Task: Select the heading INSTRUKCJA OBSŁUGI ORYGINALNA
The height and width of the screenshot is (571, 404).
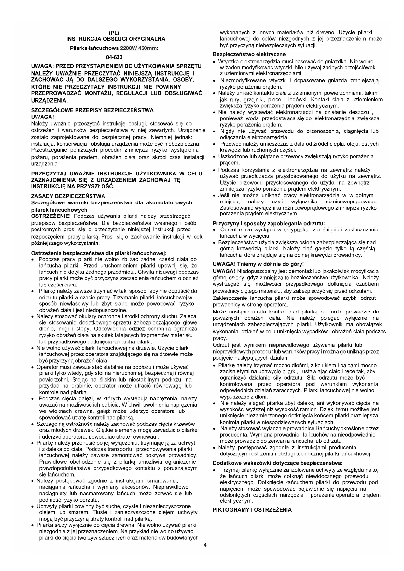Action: tap(116, 39)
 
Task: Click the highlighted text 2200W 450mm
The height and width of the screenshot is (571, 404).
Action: tap(138, 48)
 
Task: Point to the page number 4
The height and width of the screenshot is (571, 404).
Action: tap(205, 546)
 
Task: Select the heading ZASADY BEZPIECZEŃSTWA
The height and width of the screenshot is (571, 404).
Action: tap(68, 196)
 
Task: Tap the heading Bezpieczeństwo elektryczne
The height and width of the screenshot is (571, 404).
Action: tap(249, 54)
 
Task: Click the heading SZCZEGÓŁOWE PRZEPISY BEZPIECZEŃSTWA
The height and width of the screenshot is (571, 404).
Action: tap(92, 110)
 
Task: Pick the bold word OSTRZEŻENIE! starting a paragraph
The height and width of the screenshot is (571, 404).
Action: tap(51, 216)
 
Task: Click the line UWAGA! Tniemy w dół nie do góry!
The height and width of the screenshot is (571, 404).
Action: tap(258, 264)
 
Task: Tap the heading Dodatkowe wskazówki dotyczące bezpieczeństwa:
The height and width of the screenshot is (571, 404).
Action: tap(278, 463)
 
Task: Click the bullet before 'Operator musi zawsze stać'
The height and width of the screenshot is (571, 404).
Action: tap(33, 368)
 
